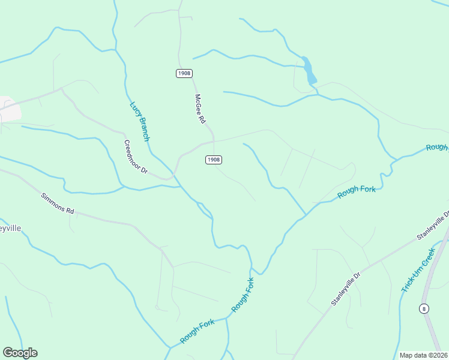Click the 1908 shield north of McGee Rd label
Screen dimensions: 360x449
pos(184,73)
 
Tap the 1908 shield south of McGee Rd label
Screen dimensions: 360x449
pos(214,160)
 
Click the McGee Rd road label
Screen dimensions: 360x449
pos(200,109)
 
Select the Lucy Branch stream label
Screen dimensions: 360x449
pos(139,121)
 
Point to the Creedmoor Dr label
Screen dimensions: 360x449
pos(136,157)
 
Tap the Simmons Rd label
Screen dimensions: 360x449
pos(58,203)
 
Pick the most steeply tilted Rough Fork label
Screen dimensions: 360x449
pos(243,293)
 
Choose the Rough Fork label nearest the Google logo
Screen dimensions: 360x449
pos(197,331)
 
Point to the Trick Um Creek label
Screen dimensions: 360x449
pos(418,272)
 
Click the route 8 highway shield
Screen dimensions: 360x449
pos(424,308)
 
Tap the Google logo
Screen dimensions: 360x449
pos(20,353)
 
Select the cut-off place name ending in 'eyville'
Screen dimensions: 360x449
pos(10,229)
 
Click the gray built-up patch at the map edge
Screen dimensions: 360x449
pos(10,108)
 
